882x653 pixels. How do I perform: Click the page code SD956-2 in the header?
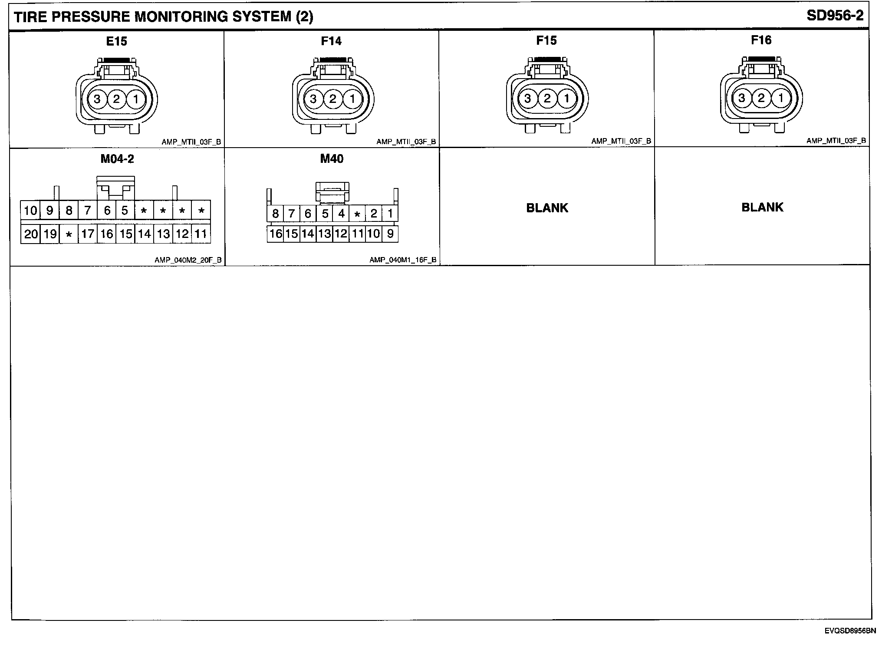[835, 16]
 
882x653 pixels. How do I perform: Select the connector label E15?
[116, 41]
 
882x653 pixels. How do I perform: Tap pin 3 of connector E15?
[97, 99]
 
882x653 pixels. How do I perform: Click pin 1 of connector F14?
[352, 99]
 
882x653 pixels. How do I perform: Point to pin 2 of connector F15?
[547, 99]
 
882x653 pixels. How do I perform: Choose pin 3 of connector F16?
[742, 98]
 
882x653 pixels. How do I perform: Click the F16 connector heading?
[761, 40]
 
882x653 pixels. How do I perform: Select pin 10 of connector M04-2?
[30, 211]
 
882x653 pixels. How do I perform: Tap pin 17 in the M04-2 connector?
[88, 234]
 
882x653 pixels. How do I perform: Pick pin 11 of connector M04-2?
[201, 234]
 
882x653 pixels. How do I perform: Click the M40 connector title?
[332, 159]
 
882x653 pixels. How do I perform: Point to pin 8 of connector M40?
[275, 214]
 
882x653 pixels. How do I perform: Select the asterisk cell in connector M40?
[357, 214]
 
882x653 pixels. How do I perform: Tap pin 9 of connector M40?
[390, 234]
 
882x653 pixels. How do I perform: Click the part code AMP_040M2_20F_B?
[188, 260]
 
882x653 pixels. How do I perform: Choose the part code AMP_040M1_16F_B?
[403, 260]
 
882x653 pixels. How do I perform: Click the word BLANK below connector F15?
[547, 208]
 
